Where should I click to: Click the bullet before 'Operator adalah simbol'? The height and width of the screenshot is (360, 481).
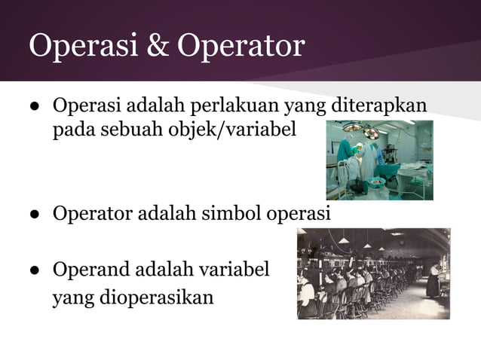(35, 215)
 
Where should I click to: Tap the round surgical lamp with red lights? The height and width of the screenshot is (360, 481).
(371, 133)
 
